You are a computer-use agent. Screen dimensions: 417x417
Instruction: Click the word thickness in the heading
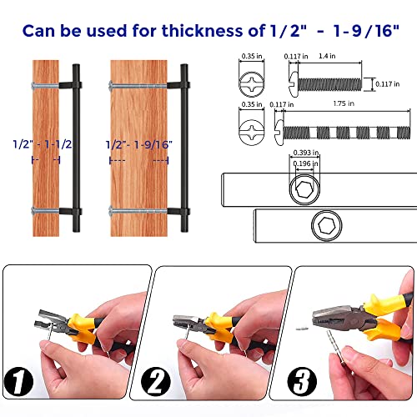coord(203,30)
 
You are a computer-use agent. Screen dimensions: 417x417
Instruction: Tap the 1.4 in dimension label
coord(327,56)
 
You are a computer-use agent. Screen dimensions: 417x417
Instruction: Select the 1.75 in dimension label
coord(344,103)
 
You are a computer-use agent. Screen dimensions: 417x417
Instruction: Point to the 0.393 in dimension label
coord(306,153)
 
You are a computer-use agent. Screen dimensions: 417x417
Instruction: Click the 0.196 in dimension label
coord(306,163)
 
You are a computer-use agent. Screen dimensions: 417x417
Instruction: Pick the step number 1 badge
coord(18,381)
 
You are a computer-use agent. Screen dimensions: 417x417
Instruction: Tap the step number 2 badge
coord(156,381)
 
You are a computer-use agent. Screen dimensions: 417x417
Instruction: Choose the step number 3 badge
coord(302,381)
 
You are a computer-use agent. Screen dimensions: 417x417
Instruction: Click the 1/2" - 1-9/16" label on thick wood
coord(139,144)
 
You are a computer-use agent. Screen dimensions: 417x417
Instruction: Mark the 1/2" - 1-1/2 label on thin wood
coord(43,144)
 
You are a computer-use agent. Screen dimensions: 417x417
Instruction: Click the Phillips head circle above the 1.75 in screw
coord(252,133)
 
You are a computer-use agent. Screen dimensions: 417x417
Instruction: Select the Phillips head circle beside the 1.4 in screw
coord(252,84)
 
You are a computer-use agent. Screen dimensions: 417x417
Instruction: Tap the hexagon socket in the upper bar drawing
coord(304,189)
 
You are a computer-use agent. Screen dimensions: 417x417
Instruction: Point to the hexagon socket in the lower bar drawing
coord(327,225)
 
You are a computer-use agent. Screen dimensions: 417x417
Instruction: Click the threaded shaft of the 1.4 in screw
coord(329,84)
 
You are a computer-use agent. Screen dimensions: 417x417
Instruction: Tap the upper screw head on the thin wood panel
coord(33,85)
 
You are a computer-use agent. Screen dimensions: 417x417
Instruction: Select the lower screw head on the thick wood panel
coord(111,211)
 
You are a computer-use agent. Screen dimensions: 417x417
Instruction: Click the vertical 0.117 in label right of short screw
coord(388,84)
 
